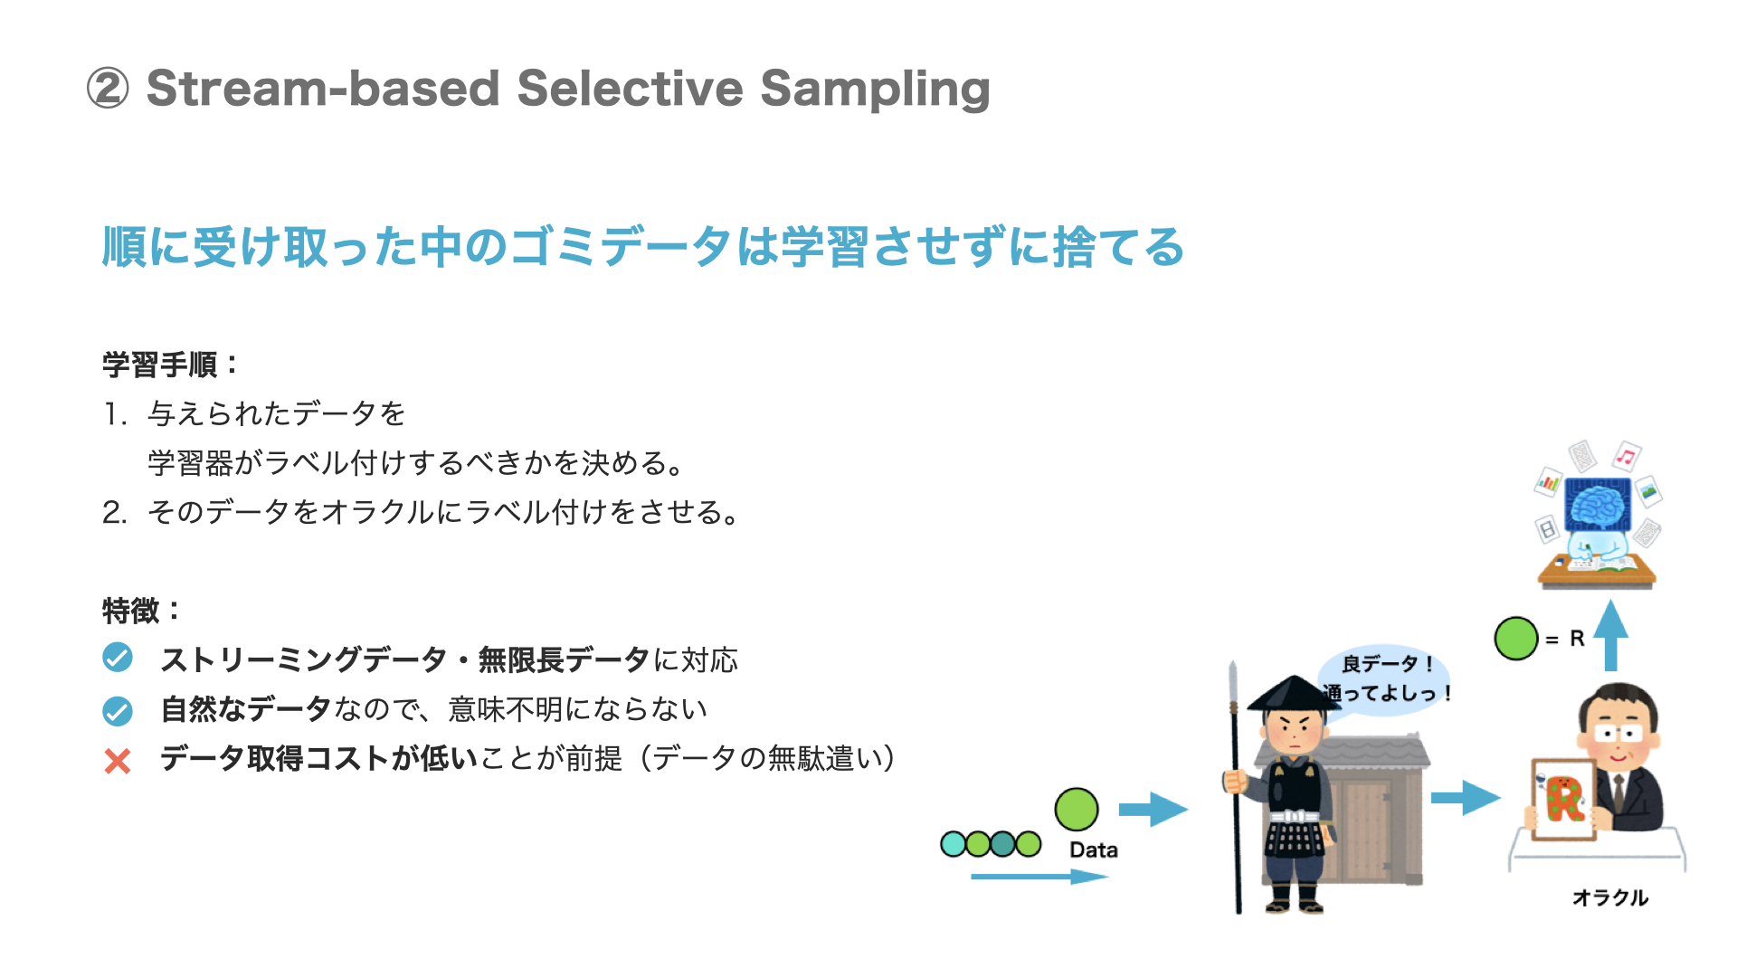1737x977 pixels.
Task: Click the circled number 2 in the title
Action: pos(108,89)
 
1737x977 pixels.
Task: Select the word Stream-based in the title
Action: pos(323,89)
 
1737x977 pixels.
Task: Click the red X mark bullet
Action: pos(118,761)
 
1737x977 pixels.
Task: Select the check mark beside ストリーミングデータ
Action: pos(118,658)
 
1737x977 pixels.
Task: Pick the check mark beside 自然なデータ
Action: pos(118,711)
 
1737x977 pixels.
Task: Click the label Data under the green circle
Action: pos(1093,850)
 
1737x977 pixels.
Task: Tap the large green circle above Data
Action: pos(1077,809)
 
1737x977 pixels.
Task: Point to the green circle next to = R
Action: pos(1516,639)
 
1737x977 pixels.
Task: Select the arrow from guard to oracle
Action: pos(1466,797)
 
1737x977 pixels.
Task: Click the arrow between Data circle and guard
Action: pos(1153,809)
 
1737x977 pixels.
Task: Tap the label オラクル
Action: pos(1610,897)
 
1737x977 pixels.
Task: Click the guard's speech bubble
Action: pos(1385,678)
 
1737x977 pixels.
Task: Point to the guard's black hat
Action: pos(1294,693)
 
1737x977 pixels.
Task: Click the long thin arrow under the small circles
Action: pos(1039,877)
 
